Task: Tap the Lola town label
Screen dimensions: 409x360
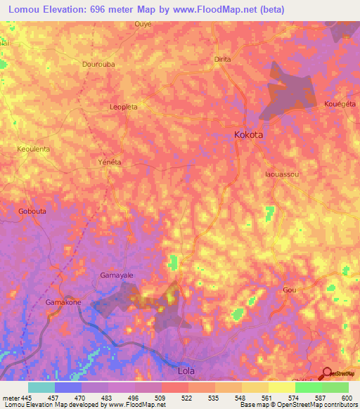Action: point(186,370)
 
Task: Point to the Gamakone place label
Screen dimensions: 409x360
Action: point(63,301)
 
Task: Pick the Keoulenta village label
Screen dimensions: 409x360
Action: point(33,149)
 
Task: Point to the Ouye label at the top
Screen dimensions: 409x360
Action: point(143,23)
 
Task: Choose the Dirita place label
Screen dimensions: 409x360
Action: point(222,60)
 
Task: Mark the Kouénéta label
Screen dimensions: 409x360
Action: point(341,103)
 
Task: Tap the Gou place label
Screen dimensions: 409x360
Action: point(289,290)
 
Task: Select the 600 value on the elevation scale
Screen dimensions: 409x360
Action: point(345,398)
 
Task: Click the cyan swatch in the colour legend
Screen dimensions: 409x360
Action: point(41,387)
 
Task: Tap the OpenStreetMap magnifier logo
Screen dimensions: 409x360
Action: point(327,374)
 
